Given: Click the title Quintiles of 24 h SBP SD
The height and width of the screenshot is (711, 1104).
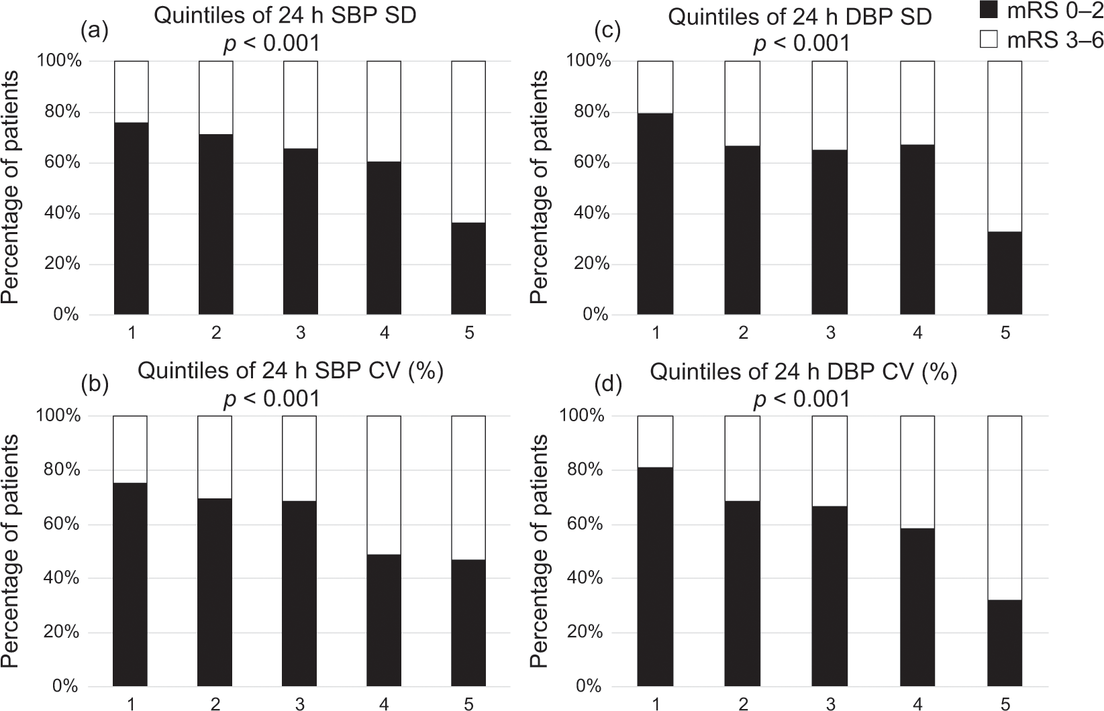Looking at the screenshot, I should [285, 16].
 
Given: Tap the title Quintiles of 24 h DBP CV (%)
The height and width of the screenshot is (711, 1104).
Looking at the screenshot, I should [803, 372].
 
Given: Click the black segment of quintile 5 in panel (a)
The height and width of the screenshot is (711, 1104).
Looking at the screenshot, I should [468, 268].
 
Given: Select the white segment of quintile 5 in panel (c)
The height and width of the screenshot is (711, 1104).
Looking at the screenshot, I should [1005, 146].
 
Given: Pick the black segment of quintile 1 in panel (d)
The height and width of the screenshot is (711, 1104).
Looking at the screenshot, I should [655, 577].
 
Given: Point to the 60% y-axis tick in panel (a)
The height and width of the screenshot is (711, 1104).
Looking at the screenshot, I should [62, 163].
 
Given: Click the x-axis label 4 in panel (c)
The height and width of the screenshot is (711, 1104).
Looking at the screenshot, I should [917, 333].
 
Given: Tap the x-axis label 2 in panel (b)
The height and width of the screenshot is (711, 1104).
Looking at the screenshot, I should [215, 704].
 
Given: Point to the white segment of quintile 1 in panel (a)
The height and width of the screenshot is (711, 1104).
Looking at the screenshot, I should [131, 92].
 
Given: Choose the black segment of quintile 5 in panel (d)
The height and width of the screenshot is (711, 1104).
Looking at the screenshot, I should [1005, 643].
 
